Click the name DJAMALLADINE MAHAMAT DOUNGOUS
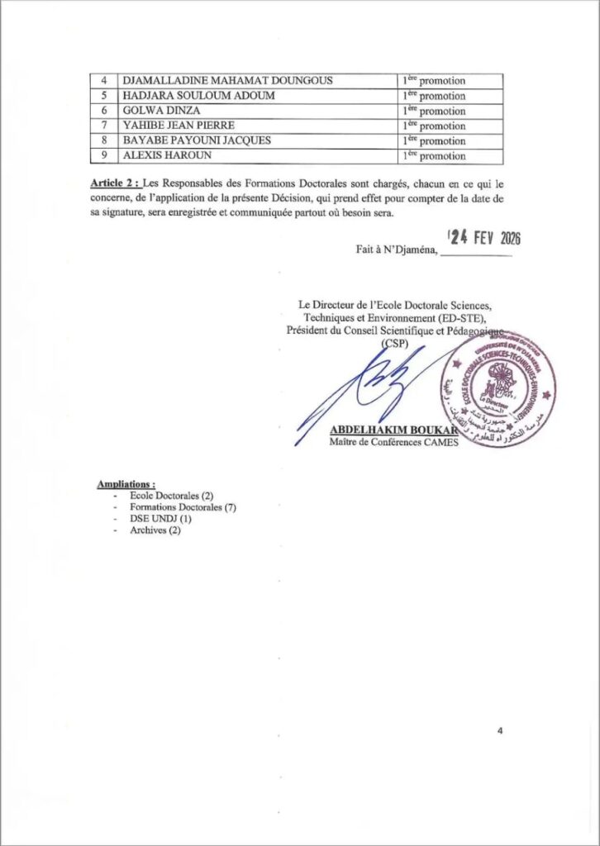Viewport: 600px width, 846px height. (227, 81)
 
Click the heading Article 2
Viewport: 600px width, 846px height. (115, 183)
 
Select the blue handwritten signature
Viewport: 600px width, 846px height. (364, 392)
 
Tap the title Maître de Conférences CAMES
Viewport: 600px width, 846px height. (393, 443)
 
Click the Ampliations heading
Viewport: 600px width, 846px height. (126, 483)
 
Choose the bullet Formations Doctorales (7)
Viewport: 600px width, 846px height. (183, 507)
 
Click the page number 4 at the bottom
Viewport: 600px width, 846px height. (500, 731)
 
